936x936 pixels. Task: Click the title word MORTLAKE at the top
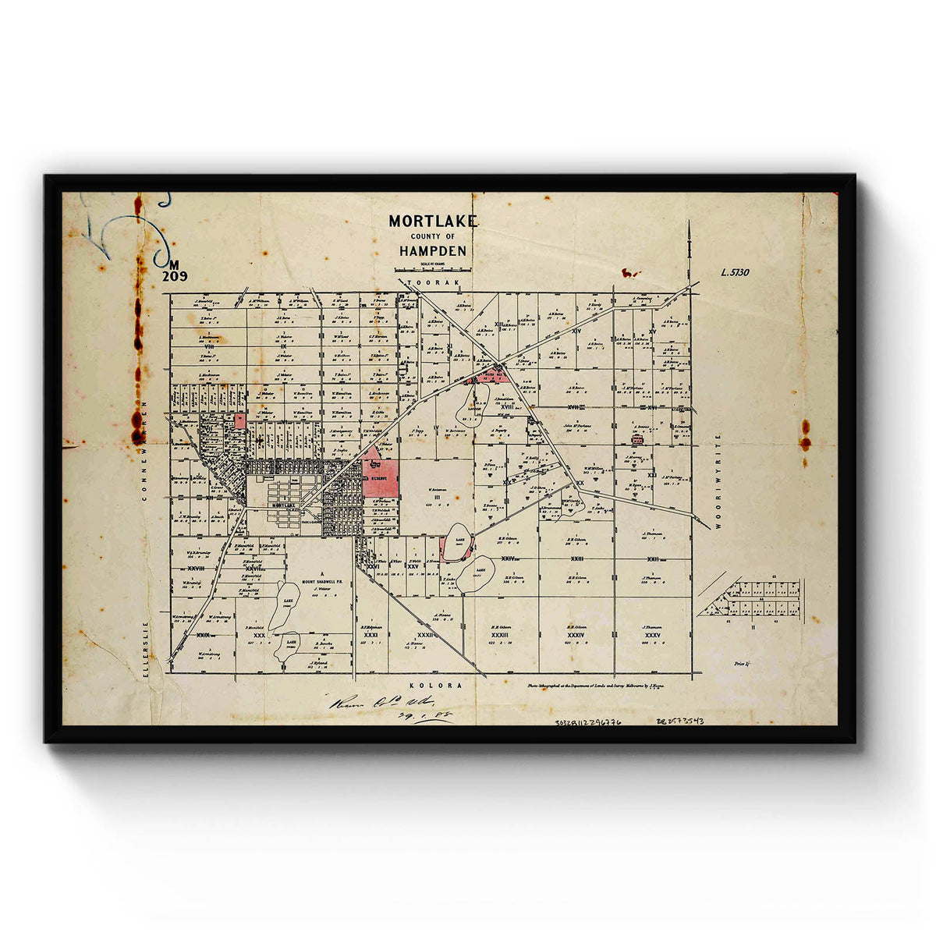(x=433, y=222)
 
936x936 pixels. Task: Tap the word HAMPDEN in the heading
(x=433, y=251)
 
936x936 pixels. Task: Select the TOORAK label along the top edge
(x=429, y=278)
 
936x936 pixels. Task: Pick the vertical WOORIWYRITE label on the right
(x=720, y=482)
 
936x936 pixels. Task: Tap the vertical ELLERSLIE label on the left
(x=145, y=640)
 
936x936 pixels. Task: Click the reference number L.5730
(x=735, y=273)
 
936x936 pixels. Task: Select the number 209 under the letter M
(x=175, y=276)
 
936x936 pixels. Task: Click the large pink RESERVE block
(x=381, y=477)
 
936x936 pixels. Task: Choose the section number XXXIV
(x=576, y=636)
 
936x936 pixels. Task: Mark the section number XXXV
(x=653, y=636)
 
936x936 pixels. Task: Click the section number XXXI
(x=371, y=636)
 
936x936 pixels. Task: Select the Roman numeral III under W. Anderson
(x=437, y=496)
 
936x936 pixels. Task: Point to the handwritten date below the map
(x=427, y=714)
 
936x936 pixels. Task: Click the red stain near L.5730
(x=629, y=274)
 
